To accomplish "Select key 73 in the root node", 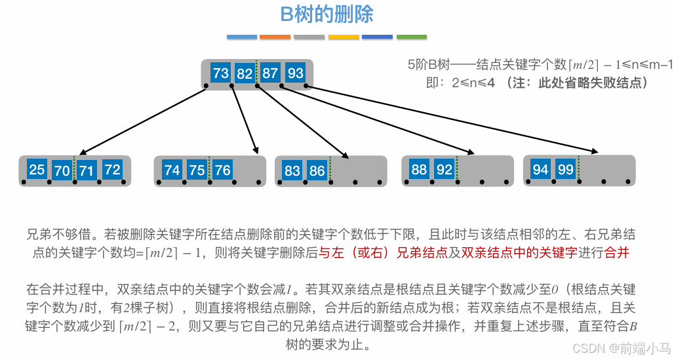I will [x=221, y=73].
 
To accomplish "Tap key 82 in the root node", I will [x=245, y=73].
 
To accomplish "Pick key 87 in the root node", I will [x=270, y=73].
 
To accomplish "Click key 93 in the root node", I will [x=296, y=73].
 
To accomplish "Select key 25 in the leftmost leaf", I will [x=37, y=170].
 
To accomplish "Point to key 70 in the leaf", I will [x=62, y=170].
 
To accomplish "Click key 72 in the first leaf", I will [x=113, y=170].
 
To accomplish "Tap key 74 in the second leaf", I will [x=172, y=170].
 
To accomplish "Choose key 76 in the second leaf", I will [x=223, y=170].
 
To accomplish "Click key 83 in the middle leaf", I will [x=292, y=171].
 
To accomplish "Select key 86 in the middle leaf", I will [x=317, y=171].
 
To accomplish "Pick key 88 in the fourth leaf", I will [x=419, y=169].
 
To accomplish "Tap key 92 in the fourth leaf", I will [x=445, y=169].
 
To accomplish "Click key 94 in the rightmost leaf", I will [x=540, y=170].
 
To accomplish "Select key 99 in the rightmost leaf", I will [x=565, y=170].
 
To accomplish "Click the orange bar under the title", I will [x=275, y=37].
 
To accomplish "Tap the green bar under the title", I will [x=412, y=37].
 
